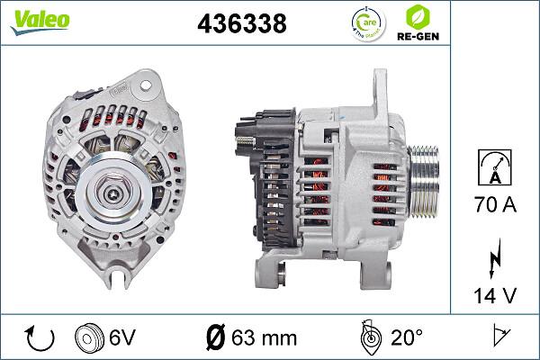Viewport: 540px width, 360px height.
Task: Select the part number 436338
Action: tap(240, 24)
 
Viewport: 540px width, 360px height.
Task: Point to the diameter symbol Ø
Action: tap(215, 337)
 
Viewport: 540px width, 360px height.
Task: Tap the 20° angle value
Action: tap(406, 337)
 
